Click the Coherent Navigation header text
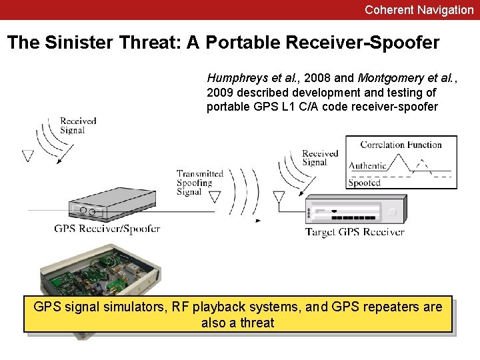click(419, 10)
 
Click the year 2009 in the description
click(220, 92)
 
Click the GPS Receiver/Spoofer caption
click(107, 229)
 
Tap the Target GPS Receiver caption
click(355, 232)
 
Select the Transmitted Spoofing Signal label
click(199, 183)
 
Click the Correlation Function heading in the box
click(401, 145)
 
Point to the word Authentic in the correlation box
click(368, 165)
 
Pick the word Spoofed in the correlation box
click(365, 182)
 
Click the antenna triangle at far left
click(27, 156)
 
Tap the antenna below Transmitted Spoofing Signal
click(215, 197)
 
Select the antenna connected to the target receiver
click(279, 197)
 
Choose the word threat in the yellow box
click(257, 323)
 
